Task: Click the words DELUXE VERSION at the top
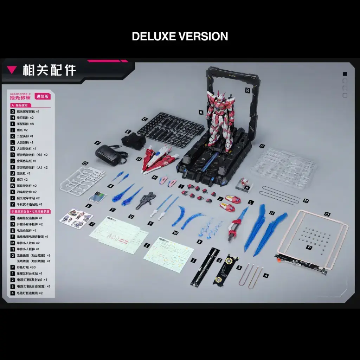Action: (180, 36)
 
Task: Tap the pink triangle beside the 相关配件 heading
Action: (12, 70)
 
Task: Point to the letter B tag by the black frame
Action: (247, 90)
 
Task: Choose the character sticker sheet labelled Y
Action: (76, 219)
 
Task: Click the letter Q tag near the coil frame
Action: (327, 214)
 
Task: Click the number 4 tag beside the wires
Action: (266, 276)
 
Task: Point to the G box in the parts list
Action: (13, 111)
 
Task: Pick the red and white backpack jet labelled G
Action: (160, 159)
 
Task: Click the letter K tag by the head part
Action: (248, 188)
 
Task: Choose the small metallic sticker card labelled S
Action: (97, 197)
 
